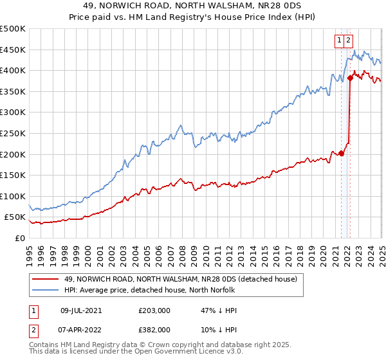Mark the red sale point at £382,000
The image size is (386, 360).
[351, 78]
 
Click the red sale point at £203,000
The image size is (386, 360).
[342, 153]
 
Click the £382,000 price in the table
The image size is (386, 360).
[154, 329]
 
